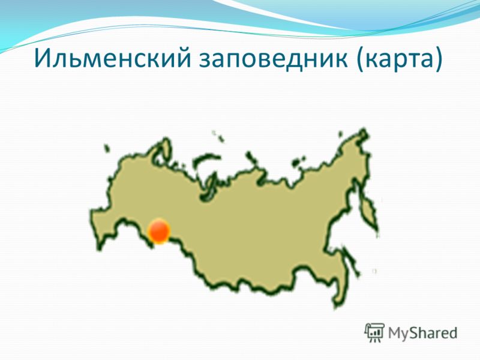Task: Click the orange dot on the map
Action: [x=159, y=231]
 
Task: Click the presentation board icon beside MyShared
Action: [x=374, y=332]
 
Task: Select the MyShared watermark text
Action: [x=423, y=333]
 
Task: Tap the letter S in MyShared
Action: [x=414, y=332]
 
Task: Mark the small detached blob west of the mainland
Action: [x=106, y=148]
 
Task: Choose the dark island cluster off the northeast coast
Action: [x=298, y=161]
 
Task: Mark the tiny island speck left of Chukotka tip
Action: [x=340, y=134]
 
